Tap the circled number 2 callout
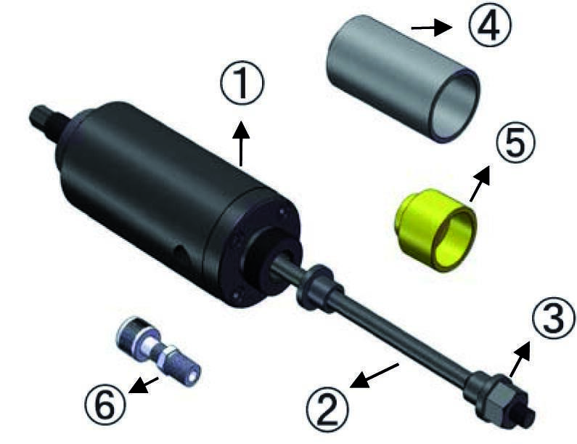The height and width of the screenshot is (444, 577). (x=327, y=409)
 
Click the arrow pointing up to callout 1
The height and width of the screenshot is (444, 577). (x=241, y=143)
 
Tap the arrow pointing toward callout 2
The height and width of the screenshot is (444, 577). (x=375, y=376)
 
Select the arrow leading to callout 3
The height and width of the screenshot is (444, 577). (x=520, y=359)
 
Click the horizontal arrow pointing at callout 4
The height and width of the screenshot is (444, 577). (x=431, y=28)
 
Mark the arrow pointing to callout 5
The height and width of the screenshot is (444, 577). (x=480, y=183)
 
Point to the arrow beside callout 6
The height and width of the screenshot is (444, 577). (x=144, y=384)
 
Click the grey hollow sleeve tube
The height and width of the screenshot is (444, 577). (x=403, y=78)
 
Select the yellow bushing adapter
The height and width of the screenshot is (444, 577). (x=435, y=230)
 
